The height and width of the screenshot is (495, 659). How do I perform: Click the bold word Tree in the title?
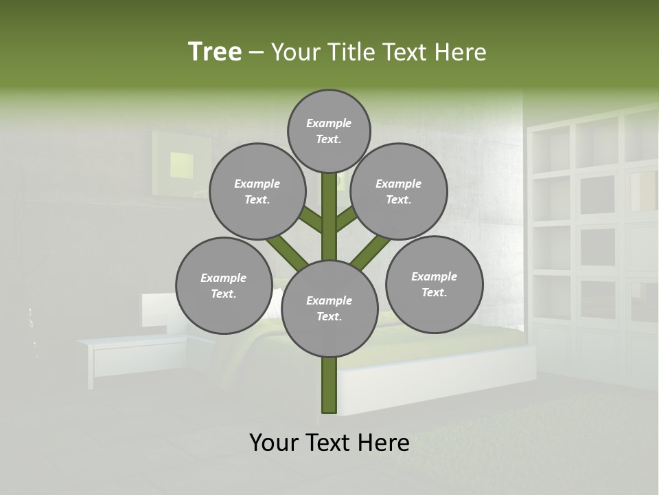click(x=215, y=52)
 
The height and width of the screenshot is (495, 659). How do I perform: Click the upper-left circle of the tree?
click(x=257, y=191)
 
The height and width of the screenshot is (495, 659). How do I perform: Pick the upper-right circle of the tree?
click(x=399, y=191)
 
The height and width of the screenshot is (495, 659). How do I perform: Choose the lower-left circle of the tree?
click(x=224, y=285)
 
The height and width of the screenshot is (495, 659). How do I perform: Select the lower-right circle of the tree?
click(x=434, y=284)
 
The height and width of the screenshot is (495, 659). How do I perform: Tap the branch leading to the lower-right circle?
click(x=371, y=252)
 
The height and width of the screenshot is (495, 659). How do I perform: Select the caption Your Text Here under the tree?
click(x=329, y=443)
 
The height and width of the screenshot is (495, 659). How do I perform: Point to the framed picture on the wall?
click(x=183, y=162)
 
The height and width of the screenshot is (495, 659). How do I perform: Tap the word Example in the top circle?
click(x=329, y=123)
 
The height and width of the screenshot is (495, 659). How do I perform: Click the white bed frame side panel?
click(x=439, y=378)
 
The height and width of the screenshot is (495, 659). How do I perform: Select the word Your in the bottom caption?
click(x=274, y=443)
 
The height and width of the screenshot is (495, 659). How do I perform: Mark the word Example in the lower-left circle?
click(x=224, y=278)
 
